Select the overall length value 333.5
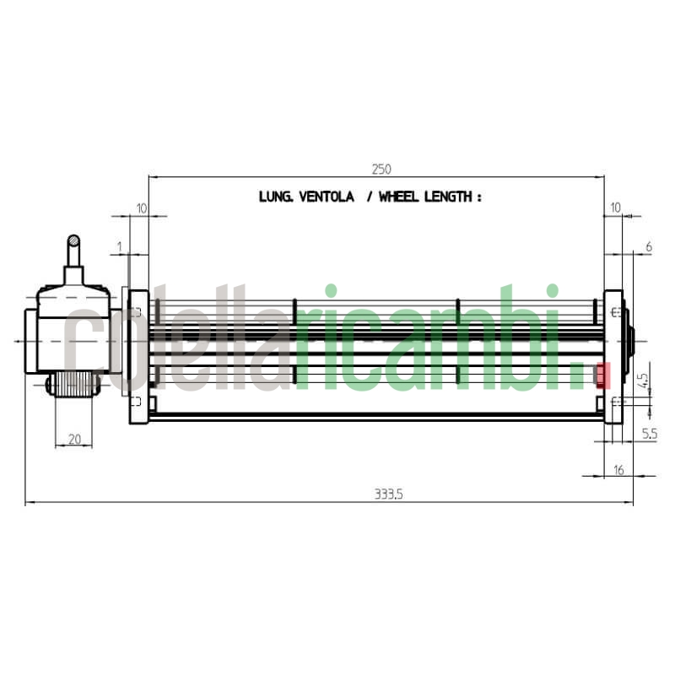click(x=389, y=495)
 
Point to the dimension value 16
click(x=618, y=469)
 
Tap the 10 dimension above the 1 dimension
click(x=141, y=208)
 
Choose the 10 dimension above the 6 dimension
click(x=614, y=208)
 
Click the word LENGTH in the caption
click(x=450, y=197)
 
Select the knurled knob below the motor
click(x=73, y=385)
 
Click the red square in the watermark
click(x=602, y=375)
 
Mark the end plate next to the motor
click(x=138, y=356)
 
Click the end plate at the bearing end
click(x=613, y=356)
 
